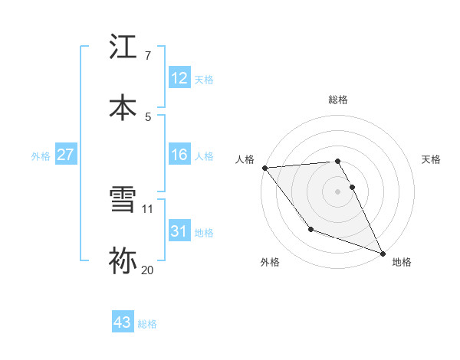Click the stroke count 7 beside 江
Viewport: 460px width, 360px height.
148,56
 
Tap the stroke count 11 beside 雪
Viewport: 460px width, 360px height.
148,208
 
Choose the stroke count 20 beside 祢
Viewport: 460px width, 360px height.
148,269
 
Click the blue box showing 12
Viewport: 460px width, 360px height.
179,77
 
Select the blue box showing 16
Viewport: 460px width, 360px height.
179,155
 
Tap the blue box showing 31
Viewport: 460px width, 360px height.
179,231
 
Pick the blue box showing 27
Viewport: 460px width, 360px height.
66,155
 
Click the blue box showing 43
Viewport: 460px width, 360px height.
123,322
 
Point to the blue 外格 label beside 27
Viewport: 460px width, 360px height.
41,156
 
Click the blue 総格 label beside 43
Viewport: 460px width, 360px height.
148,324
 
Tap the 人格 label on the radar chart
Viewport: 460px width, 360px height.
245,159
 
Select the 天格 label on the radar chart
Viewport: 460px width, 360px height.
432,159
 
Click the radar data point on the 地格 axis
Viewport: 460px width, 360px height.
383,254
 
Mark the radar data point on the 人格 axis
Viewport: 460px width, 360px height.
264,168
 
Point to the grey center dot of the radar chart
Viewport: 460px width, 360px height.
338,191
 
